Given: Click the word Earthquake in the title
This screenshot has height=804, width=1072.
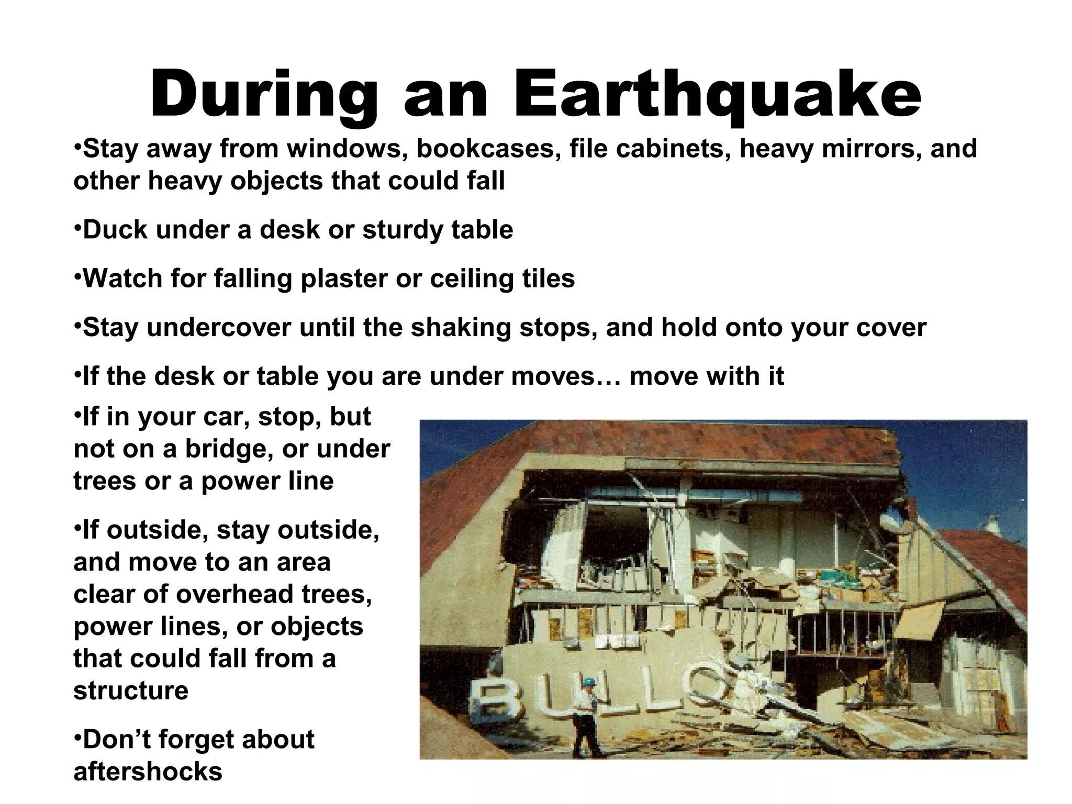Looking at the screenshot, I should (x=717, y=94).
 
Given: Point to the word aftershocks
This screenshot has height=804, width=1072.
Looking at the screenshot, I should (x=148, y=772).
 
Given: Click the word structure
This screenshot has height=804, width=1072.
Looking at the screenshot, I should (x=131, y=690).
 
